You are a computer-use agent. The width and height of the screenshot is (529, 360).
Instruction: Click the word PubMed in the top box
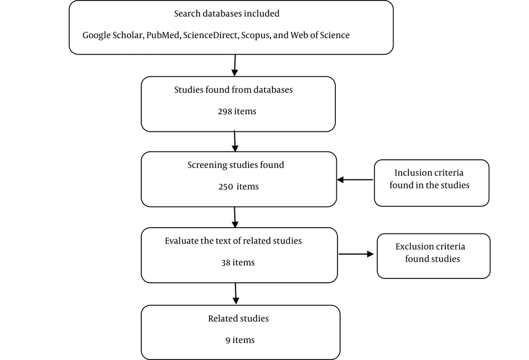point(162,35)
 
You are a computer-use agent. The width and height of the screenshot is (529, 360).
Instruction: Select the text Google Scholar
point(113,35)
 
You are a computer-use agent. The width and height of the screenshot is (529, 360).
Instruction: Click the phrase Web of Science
point(320,35)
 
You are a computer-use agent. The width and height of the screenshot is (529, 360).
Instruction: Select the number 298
point(225,112)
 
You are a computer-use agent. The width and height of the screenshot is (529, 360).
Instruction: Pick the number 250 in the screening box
point(225,187)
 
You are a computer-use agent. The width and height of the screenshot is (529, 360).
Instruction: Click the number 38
point(226,263)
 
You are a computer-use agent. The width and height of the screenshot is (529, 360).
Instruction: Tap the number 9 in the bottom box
point(228,340)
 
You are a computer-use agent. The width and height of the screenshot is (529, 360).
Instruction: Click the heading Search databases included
point(227,14)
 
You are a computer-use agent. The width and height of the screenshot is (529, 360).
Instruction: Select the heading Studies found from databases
point(233,90)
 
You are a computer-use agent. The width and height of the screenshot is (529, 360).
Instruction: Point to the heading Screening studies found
point(236,165)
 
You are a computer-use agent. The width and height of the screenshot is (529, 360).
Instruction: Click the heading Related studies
point(239,319)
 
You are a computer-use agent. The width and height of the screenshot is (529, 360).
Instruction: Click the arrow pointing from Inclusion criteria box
point(355,179)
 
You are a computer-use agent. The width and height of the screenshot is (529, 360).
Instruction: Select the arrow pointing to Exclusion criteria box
point(356,254)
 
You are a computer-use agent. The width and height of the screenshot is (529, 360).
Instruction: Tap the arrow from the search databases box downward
point(235,66)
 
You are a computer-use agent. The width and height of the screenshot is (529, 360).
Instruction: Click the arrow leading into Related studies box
point(236,294)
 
